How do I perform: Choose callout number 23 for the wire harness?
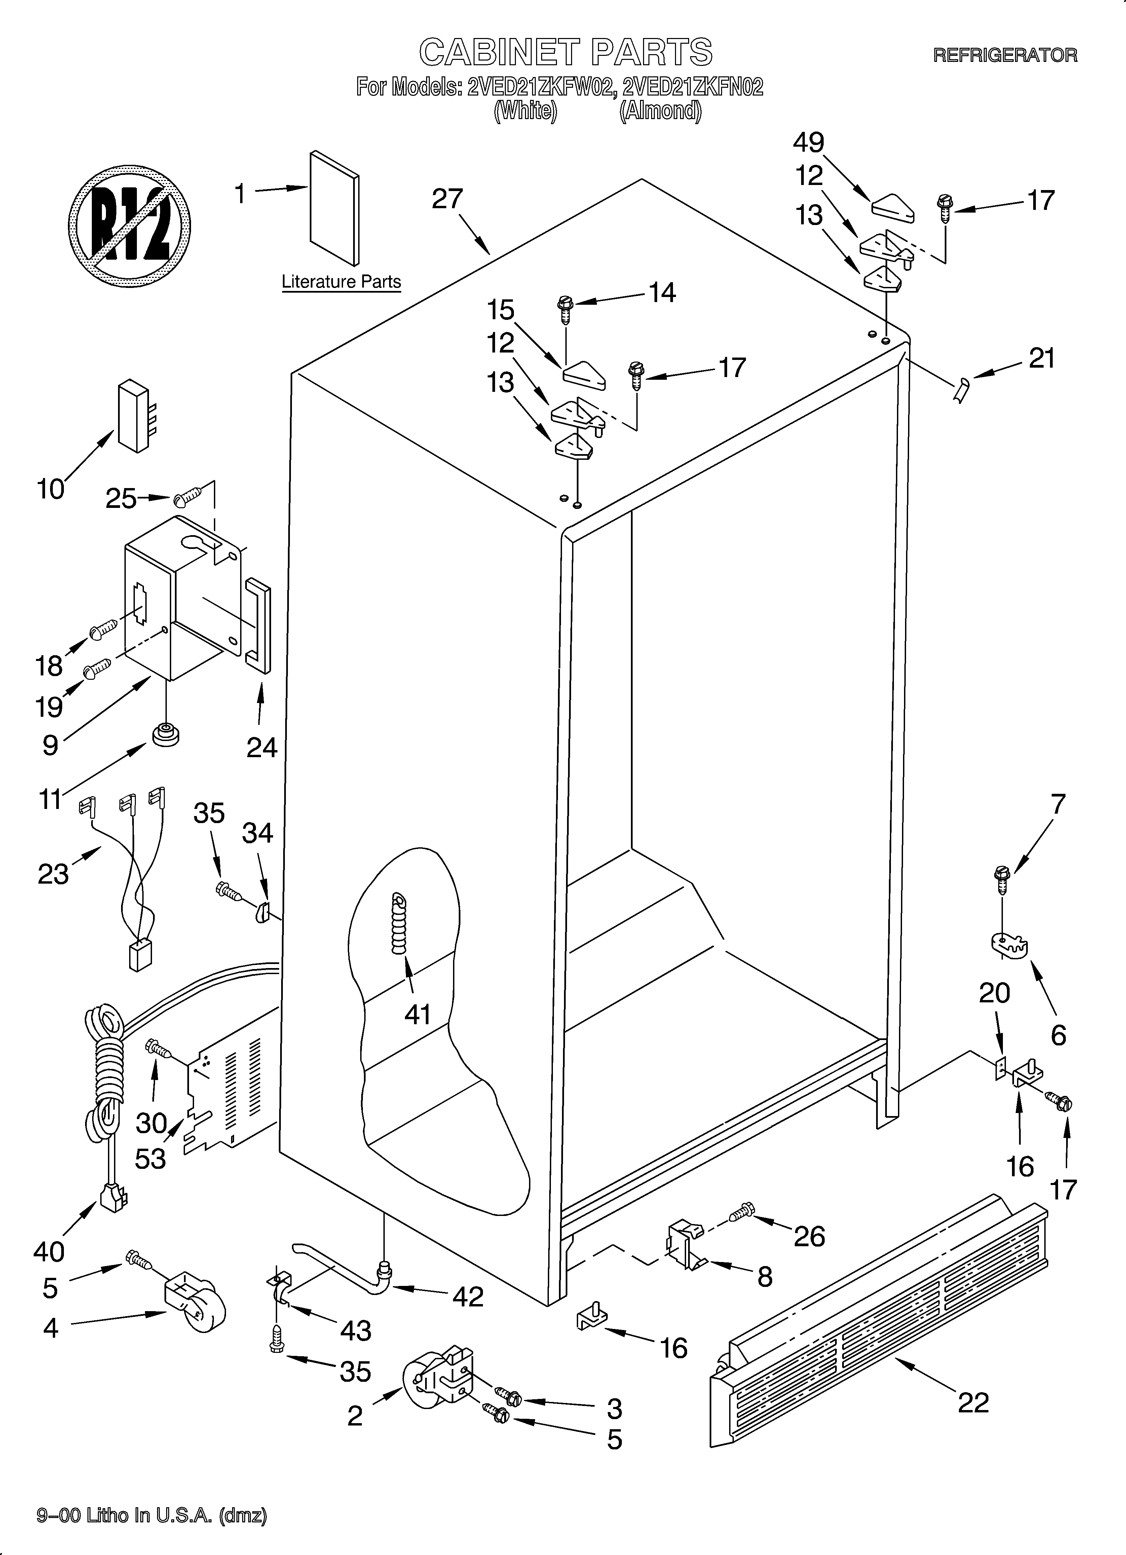tap(53, 874)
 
